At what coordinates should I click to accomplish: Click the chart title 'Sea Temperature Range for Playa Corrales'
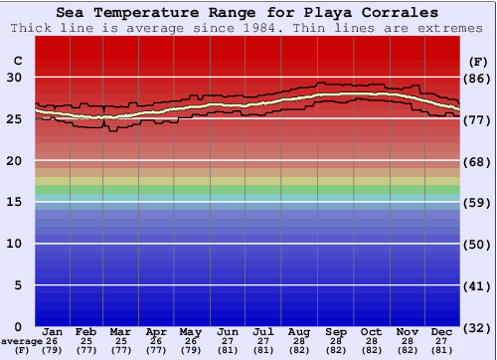[x=247, y=13]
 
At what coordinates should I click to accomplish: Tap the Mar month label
[x=120, y=331]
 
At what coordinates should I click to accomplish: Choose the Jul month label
[x=263, y=331]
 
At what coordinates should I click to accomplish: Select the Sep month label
[x=335, y=331]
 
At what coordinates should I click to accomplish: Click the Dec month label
[x=442, y=331]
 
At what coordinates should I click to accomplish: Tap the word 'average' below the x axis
[x=22, y=341]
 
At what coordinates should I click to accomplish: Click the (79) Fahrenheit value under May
[x=191, y=350]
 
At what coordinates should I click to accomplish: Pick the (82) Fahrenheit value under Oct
[x=371, y=350]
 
